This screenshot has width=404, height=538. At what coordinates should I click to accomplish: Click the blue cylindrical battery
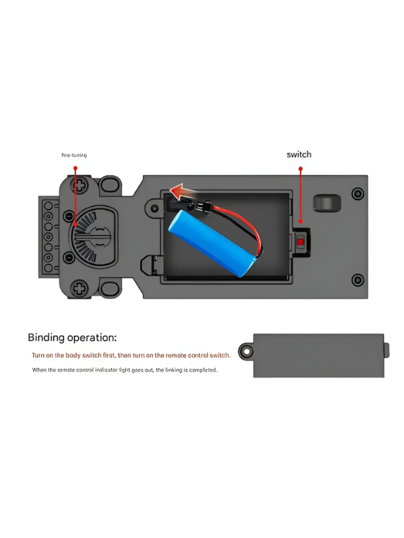[x=213, y=243]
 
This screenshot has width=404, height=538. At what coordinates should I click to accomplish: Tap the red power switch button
[x=300, y=243]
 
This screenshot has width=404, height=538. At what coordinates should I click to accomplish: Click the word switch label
[x=299, y=154]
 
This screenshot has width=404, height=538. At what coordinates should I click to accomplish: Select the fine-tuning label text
[x=74, y=155]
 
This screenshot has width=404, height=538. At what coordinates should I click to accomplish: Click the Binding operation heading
[x=72, y=338]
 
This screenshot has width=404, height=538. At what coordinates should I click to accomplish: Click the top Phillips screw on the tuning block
[x=79, y=185]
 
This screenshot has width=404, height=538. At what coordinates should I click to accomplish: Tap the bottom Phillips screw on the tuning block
[x=79, y=288]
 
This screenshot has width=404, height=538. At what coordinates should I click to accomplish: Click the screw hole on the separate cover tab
[x=246, y=351]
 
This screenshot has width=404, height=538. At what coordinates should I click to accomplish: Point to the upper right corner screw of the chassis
[x=358, y=194]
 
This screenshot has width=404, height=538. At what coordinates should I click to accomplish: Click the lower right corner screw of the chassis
[x=358, y=280]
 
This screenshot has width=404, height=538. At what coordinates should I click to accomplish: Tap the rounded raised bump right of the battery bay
[x=327, y=203]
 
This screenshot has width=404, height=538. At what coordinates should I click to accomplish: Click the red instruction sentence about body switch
[x=130, y=355]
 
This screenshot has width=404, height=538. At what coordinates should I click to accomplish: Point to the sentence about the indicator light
[x=124, y=370]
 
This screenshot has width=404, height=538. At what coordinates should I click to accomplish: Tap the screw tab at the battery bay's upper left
[x=154, y=208]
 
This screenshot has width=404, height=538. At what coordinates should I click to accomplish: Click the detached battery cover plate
[x=318, y=355]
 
